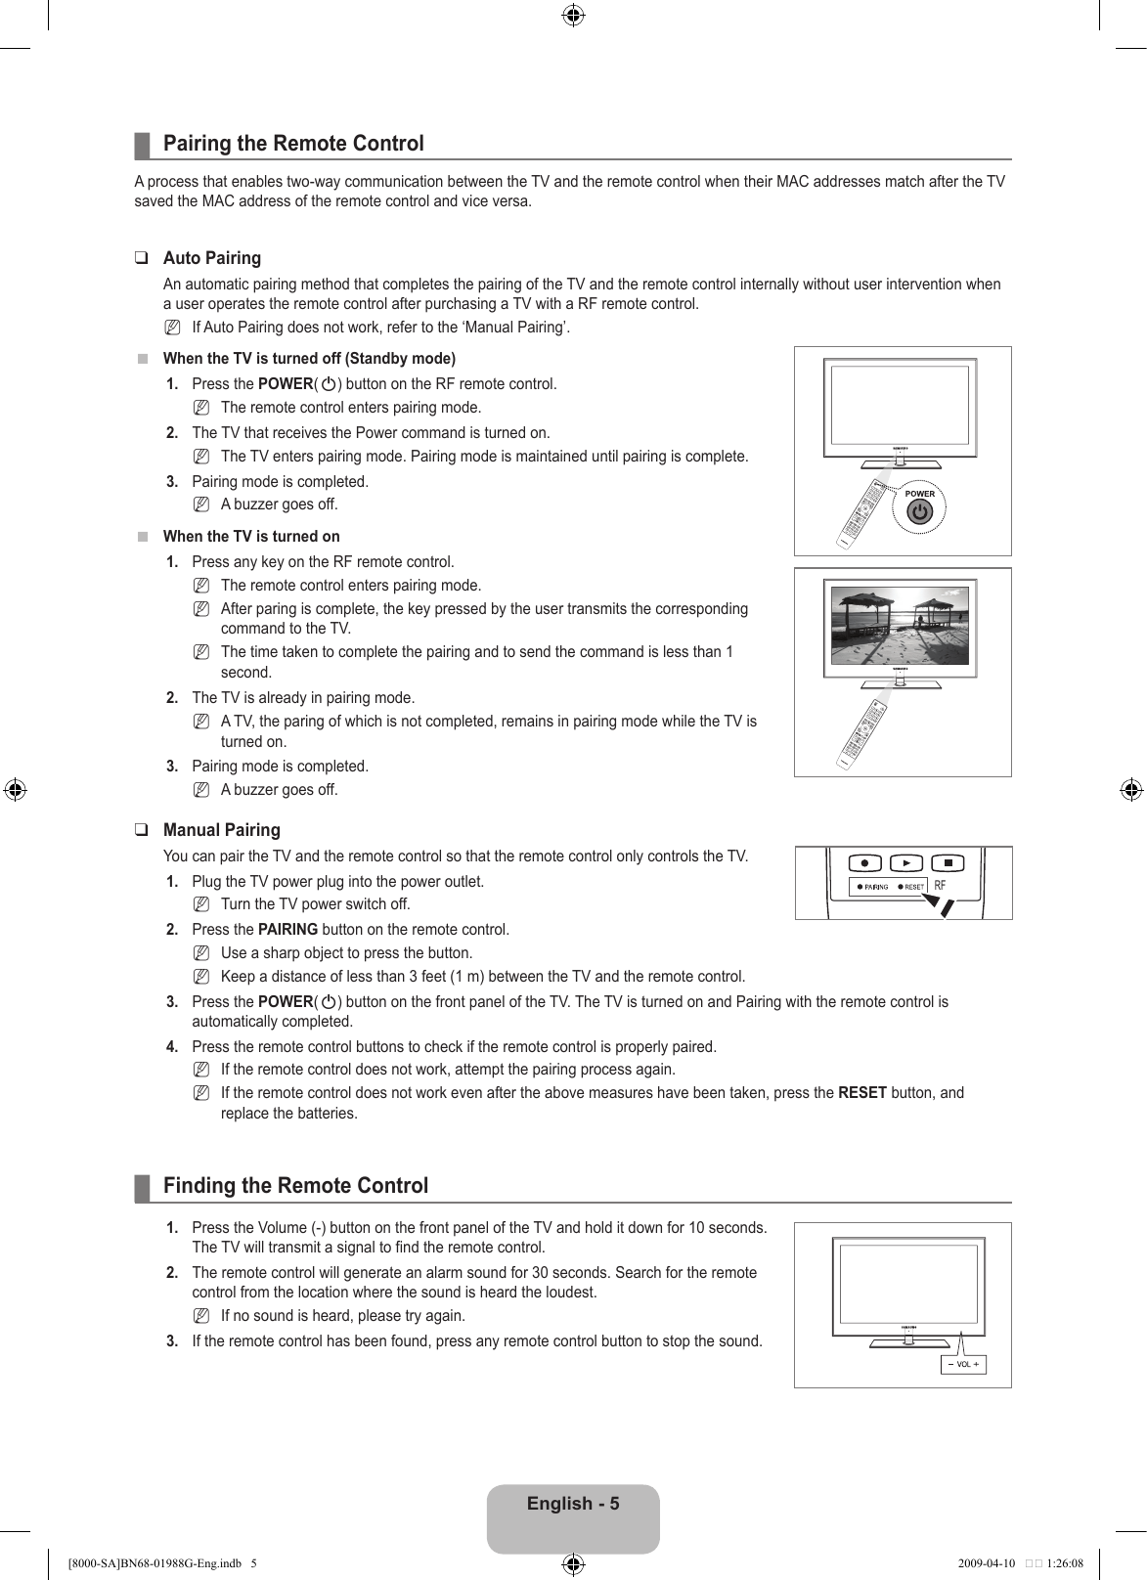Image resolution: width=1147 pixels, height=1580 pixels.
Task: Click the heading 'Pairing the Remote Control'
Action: pos(293,144)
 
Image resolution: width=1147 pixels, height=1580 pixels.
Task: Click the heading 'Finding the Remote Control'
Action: pos(295,1186)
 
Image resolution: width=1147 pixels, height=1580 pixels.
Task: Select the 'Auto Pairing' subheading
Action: pos(212,258)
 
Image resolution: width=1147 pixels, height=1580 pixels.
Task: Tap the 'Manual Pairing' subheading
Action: pos(222,830)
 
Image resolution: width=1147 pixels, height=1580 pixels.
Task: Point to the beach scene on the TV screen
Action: pos(900,626)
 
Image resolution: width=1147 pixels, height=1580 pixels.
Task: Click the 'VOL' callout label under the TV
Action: pos(963,1364)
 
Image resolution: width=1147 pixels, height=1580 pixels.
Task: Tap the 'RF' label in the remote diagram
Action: pos(940,886)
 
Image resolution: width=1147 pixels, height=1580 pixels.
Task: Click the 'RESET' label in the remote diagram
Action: pos(913,887)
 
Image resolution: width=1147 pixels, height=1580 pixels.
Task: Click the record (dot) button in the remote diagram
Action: pos(865,863)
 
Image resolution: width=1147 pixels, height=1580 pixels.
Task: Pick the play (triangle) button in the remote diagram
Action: pos(906,863)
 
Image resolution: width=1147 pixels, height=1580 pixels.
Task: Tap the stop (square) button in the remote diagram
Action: pos(948,863)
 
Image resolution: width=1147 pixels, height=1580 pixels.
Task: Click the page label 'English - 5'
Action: pos(573,1504)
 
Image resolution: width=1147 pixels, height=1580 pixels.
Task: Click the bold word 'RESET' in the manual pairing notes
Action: pos(862,1093)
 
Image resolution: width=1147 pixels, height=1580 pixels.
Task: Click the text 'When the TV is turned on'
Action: pos(251,537)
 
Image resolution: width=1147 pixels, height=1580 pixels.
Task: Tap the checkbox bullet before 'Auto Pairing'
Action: pos(143,259)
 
